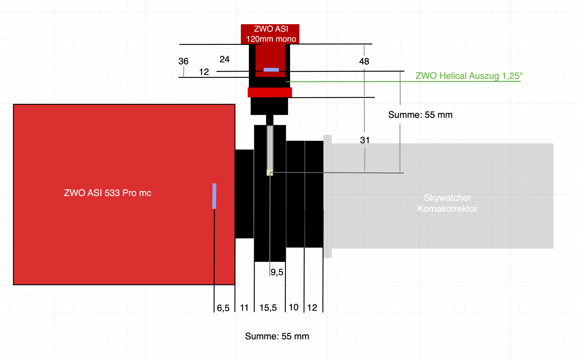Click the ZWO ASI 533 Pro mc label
pyautogui.click(x=107, y=193)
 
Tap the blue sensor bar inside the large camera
pyautogui.click(x=214, y=196)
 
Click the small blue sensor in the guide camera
pyautogui.click(x=271, y=70)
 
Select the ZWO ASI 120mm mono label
pyautogui.click(x=271, y=34)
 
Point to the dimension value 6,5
pyautogui.click(x=223, y=308)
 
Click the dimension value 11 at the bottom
pyautogui.click(x=244, y=308)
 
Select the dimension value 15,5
pyautogui.click(x=268, y=308)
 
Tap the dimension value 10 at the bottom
pyautogui.click(x=294, y=307)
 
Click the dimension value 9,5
pyautogui.click(x=277, y=272)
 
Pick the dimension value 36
pyautogui.click(x=183, y=61)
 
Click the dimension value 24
pyautogui.click(x=225, y=59)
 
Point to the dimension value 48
pyautogui.click(x=364, y=61)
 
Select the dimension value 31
pyautogui.click(x=365, y=140)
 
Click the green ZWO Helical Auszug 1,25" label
pyautogui.click(x=469, y=76)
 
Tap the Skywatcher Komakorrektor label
pyautogui.click(x=448, y=203)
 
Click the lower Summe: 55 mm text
pyautogui.click(x=277, y=336)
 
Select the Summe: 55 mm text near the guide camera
pyautogui.click(x=420, y=115)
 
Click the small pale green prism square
pyautogui.click(x=270, y=172)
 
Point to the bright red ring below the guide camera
pyautogui.click(x=270, y=92)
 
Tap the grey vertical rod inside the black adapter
pyautogui.click(x=270, y=148)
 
